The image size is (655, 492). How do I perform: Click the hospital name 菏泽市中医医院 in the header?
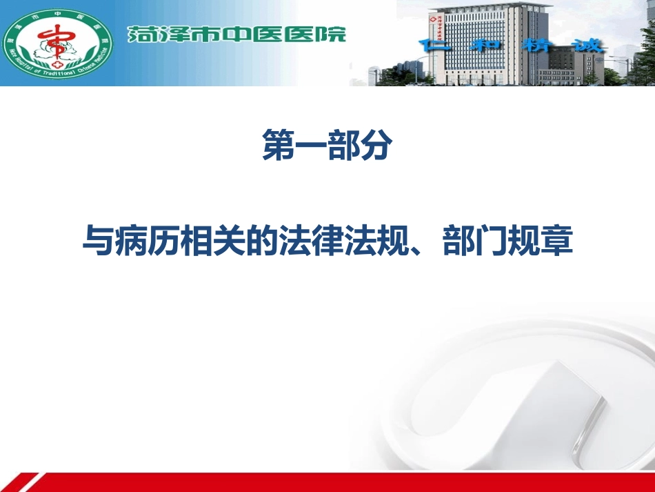[x=236, y=34]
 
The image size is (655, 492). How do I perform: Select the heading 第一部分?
[x=327, y=147]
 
